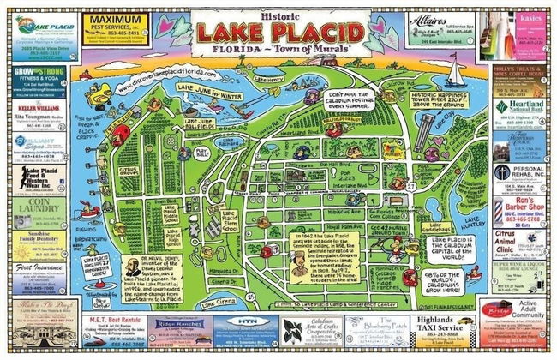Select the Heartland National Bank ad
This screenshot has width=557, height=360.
coord(521,108)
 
